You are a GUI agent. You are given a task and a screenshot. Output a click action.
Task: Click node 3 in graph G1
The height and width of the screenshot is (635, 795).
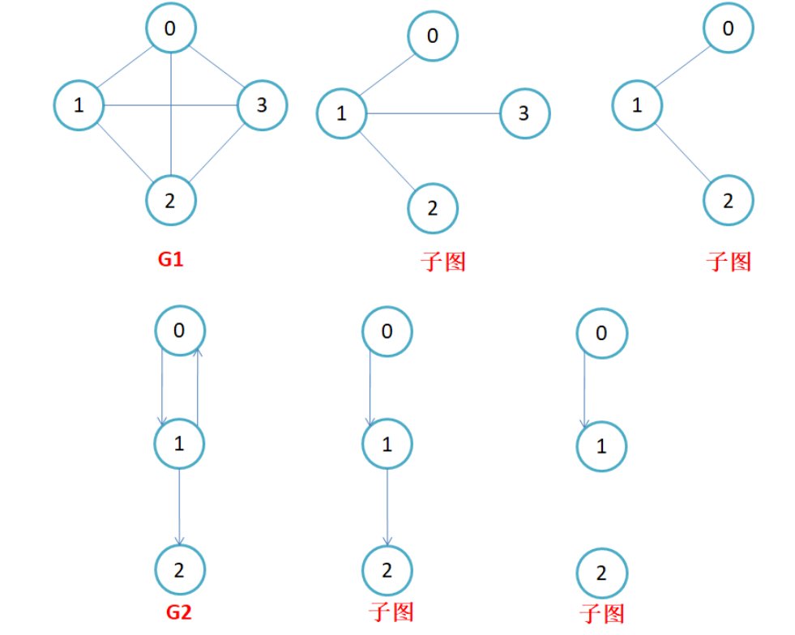[x=262, y=105]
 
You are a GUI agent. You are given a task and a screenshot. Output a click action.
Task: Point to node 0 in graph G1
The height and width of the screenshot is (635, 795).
[x=170, y=29]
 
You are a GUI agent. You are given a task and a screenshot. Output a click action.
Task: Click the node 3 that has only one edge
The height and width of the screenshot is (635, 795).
[x=524, y=113]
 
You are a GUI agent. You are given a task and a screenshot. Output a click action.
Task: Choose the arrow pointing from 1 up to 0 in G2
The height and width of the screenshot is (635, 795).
[x=199, y=385]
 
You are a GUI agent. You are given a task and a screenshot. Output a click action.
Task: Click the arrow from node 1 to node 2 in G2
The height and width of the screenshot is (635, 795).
[x=179, y=506]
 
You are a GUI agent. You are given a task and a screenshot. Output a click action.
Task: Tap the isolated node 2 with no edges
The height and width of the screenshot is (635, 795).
[x=601, y=574]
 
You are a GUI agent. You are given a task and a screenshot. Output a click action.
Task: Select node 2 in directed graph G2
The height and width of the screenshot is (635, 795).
[x=179, y=570]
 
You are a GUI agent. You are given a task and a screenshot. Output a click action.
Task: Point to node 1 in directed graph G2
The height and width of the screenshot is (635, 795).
[x=179, y=443]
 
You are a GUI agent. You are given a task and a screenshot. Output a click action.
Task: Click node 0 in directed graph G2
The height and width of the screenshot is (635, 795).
[x=180, y=330]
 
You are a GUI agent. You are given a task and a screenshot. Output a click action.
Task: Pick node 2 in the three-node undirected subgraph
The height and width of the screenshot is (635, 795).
[x=728, y=200]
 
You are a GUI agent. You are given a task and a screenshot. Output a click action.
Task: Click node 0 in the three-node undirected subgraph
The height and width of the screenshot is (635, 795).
[x=728, y=29]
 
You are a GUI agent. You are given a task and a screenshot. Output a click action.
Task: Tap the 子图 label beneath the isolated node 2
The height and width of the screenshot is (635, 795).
[x=602, y=613]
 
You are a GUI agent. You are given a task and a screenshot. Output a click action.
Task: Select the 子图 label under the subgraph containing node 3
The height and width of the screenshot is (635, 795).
[x=444, y=261]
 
